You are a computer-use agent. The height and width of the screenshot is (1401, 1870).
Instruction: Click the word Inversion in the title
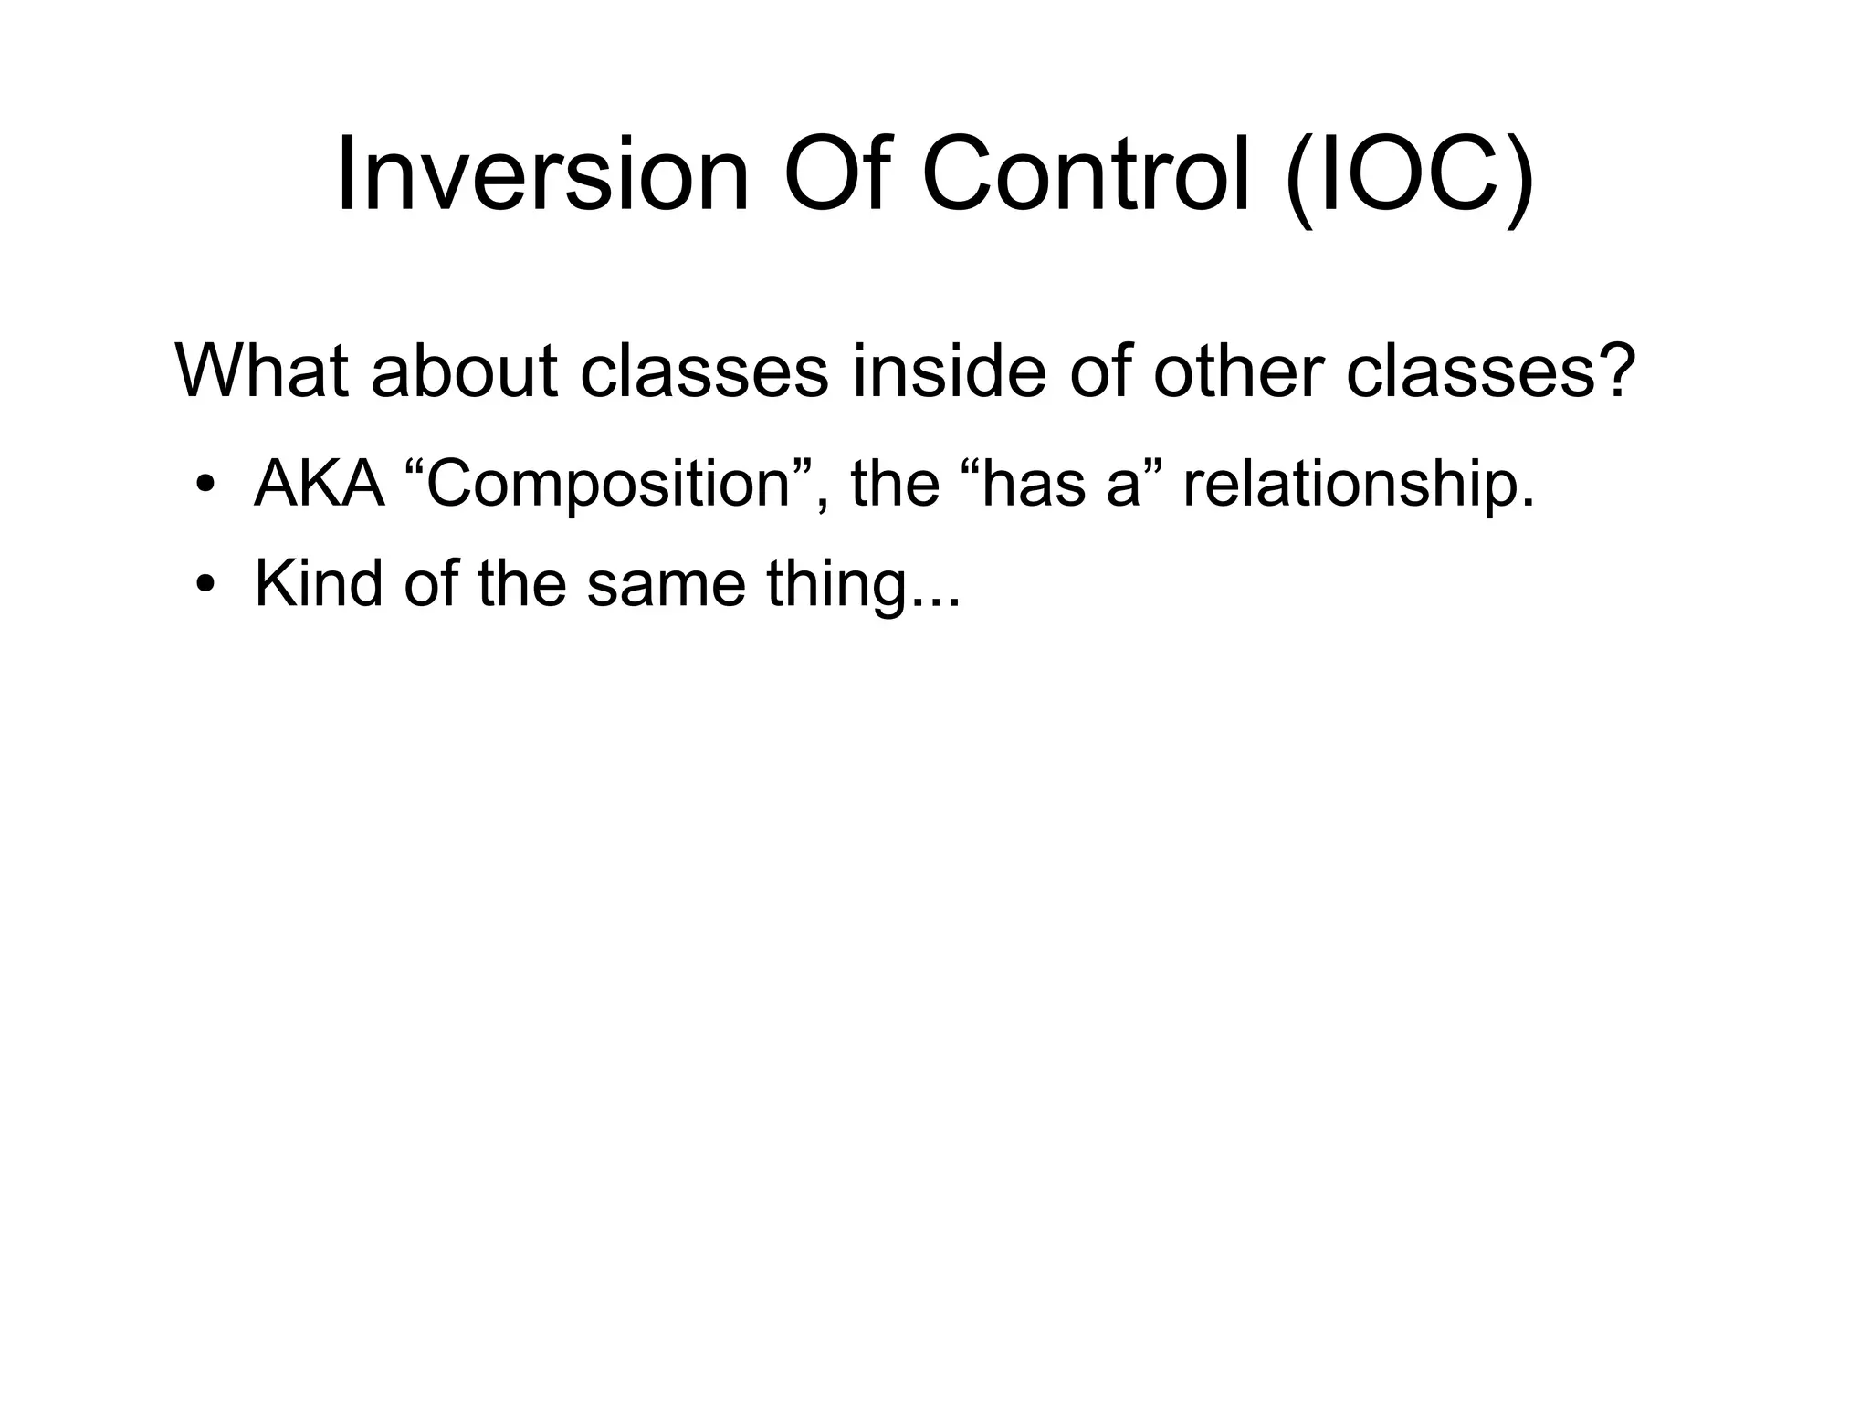click(542, 174)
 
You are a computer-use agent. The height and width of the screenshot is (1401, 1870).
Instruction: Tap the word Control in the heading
click(1086, 174)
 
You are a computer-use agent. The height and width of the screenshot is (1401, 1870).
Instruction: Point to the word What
click(261, 371)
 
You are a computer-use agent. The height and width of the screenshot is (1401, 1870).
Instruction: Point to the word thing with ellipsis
click(863, 585)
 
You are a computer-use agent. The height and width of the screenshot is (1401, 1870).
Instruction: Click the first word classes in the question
click(704, 371)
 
